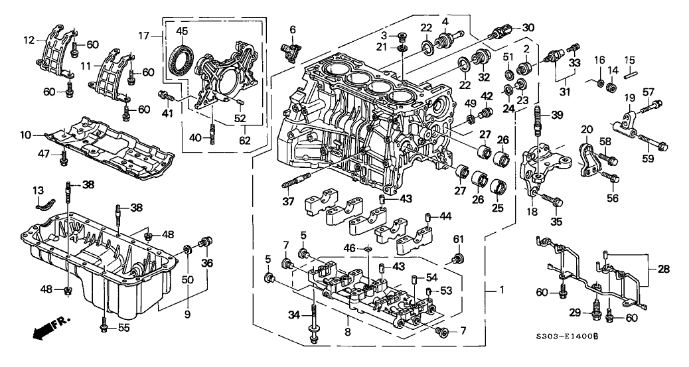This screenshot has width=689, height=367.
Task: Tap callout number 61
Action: [x=457, y=239]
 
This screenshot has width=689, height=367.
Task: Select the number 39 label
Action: [x=556, y=115]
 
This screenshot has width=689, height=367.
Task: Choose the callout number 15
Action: [x=629, y=59]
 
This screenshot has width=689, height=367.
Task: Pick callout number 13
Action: [x=38, y=191]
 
